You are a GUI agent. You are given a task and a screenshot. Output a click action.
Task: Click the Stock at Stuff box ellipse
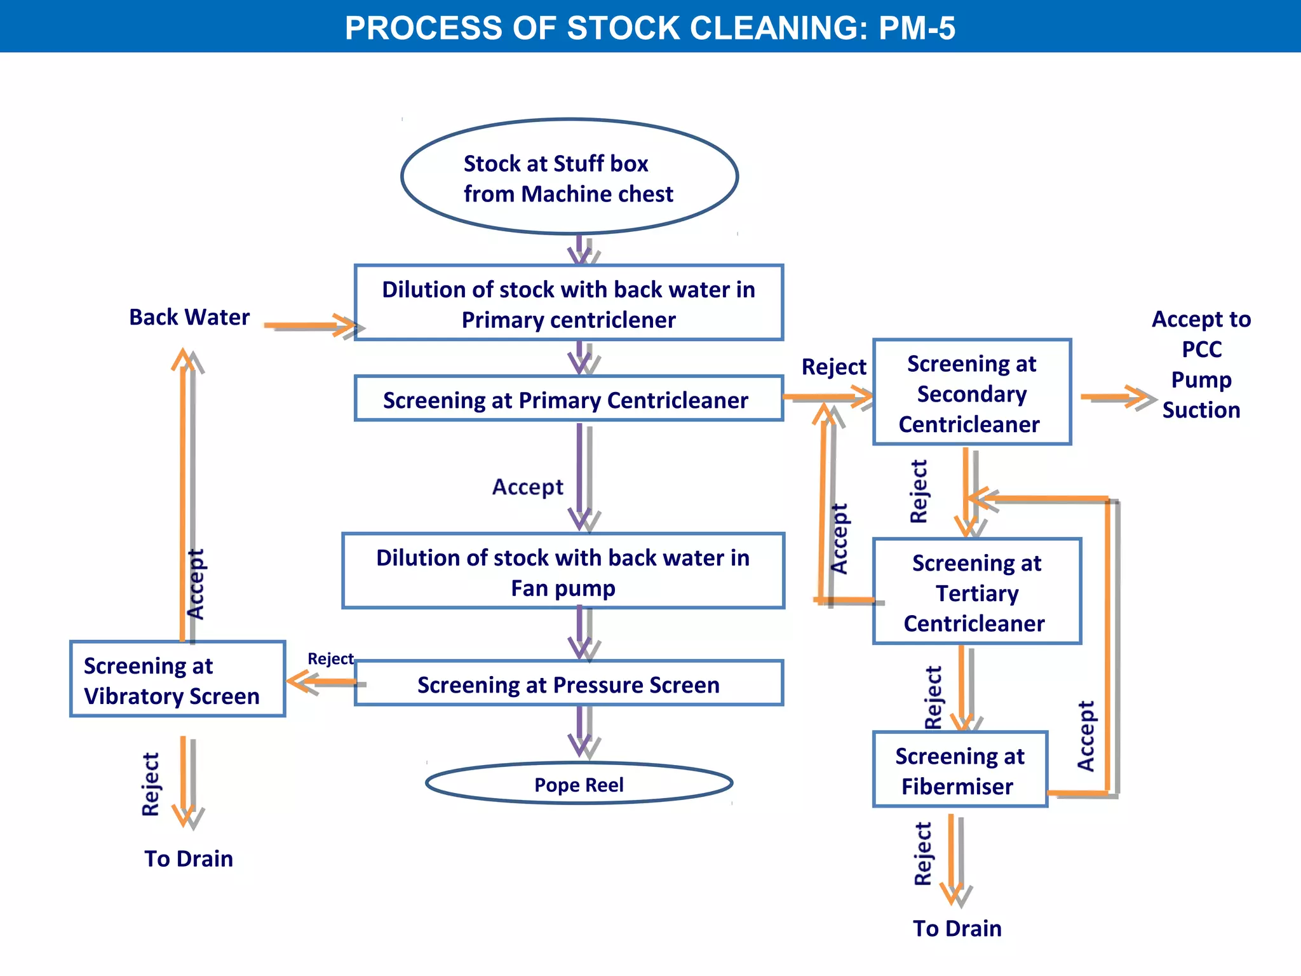point(569,177)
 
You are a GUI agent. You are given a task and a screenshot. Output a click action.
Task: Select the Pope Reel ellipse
point(579,784)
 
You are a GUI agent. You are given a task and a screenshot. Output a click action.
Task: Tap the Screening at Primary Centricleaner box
point(569,399)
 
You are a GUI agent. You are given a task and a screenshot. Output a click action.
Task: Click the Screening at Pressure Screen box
point(569,684)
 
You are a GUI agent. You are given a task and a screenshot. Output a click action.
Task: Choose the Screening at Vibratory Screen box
point(177,679)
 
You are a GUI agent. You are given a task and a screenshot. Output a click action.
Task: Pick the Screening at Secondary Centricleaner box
point(971,393)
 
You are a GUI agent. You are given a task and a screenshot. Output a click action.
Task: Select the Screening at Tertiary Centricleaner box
point(976,592)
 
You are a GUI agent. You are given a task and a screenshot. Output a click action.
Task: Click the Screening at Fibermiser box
point(959,770)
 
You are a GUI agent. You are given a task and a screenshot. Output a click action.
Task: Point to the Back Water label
point(189,317)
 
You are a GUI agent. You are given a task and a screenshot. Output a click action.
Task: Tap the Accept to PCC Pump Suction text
point(1201,364)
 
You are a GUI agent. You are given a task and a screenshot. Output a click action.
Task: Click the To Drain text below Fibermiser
point(957,928)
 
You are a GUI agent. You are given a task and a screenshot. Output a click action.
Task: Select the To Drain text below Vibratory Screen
point(189,858)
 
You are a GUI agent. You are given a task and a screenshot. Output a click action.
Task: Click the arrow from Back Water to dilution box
point(311,326)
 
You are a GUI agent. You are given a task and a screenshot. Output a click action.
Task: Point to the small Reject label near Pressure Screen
point(330,659)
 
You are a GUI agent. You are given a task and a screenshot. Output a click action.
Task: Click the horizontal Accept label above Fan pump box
point(527,487)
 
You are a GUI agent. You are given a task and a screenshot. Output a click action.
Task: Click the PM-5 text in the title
point(917,28)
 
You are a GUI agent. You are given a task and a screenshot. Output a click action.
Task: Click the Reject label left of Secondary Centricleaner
point(833,367)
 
